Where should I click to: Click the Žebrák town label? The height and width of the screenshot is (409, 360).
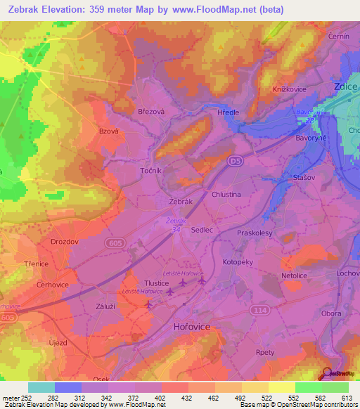[181, 202]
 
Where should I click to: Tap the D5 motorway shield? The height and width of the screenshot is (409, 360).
[235, 162]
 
